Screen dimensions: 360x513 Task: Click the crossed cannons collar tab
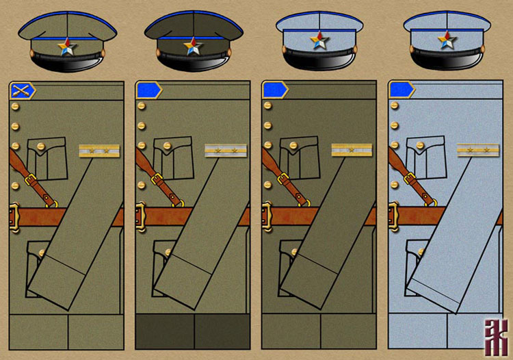tap(23, 90)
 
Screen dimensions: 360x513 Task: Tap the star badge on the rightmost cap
tap(447, 40)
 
